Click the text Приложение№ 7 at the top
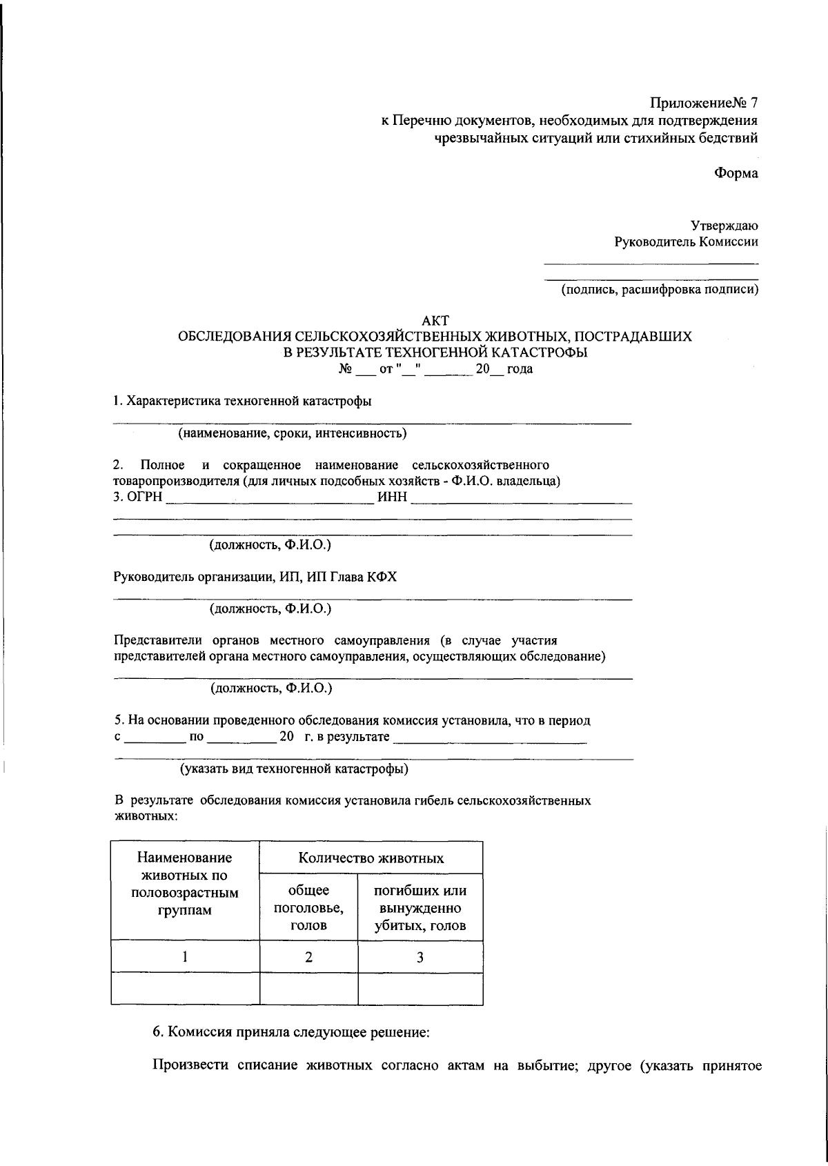tap(704, 103)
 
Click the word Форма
tap(736, 173)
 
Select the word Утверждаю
tap(724, 225)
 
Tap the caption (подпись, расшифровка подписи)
tap(658, 290)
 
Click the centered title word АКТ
tap(435, 320)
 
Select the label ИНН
tap(393, 497)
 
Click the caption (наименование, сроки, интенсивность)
tap(293, 434)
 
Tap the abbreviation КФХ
tap(382, 577)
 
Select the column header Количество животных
tap(371, 858)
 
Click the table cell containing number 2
tap(308, 957)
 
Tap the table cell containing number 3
tap(420, 957)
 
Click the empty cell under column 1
tap(185, 989)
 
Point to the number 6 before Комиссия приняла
tap(157, 1033)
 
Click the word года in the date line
tap(520, 370)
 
